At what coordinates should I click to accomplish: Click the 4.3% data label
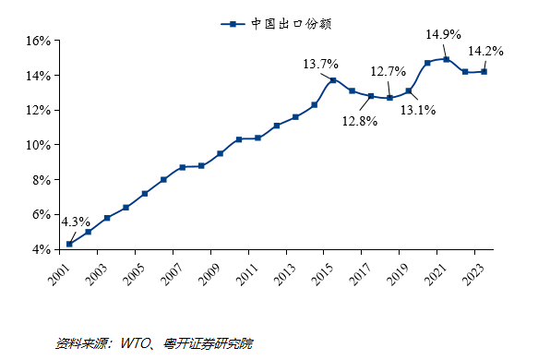75,222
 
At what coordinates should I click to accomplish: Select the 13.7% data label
321,64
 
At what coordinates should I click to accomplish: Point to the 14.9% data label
443,34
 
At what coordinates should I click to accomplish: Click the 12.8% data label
359,121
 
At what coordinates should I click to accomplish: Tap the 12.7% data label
389,70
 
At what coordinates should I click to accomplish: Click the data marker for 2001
69,244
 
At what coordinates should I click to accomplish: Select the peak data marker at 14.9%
447,59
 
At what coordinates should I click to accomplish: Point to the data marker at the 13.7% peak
333,80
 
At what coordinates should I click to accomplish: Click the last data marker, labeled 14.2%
484,71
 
